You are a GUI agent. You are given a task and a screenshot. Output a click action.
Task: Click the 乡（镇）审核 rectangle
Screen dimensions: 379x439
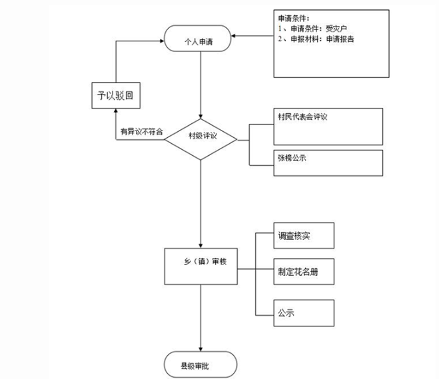click(x=201, y=265)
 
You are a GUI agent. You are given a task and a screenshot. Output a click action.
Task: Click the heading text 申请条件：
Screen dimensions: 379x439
click(x=294, y=19)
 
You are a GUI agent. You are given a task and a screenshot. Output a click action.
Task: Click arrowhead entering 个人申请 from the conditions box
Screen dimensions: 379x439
click(x=235, y=36)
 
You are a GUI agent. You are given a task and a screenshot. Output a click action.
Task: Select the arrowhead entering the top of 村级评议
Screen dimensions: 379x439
click(x=201, y=115)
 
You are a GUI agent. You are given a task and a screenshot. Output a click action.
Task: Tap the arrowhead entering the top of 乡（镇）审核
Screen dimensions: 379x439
click(x=201, y=244)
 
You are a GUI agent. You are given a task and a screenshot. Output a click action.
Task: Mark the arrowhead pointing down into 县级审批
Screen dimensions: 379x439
click(x=201, y=349)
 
